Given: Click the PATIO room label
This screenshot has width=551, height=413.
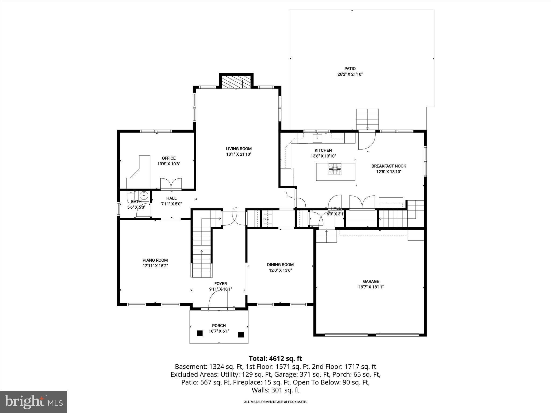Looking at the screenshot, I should tap(350, 69).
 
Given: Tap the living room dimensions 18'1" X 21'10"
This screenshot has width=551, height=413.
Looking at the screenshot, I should tap(238, 154).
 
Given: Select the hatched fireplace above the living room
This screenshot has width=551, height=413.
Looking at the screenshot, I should tap(236, 81).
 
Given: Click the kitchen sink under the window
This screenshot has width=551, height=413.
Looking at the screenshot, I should tap(317, 138).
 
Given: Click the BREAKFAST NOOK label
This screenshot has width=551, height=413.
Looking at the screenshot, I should tap(388, 166).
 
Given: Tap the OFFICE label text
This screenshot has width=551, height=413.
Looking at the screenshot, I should tap(169, 158).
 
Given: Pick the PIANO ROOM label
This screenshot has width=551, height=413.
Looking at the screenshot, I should tap(155, 260).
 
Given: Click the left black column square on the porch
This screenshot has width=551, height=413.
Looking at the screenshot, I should tap(199, 333).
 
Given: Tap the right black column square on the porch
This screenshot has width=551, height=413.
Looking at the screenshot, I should tap(241, 335).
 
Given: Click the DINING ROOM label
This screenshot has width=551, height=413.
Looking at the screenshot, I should tap(280, 265).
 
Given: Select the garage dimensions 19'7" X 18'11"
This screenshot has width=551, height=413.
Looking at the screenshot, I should tap(371, 287).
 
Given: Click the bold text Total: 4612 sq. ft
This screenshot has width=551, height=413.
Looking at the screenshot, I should tap(275, 358).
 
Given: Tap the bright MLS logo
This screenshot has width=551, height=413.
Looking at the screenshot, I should tap(34, 402).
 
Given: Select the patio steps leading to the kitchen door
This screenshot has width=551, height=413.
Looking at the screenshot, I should tap(367, 119).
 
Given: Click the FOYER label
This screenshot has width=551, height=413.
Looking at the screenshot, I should tap(220, 284).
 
